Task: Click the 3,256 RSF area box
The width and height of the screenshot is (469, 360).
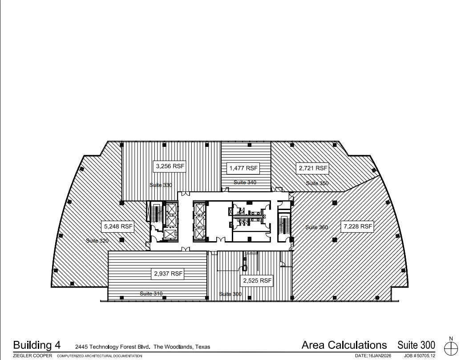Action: pos(170,166)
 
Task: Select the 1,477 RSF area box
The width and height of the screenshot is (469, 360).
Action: pos(243,168)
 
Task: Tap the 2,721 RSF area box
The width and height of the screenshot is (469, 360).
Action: pos(312,168)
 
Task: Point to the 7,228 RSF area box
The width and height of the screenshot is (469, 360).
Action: pos(357,226)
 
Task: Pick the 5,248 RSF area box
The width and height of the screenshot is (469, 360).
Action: pos(118,226)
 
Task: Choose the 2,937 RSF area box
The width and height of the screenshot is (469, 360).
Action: pos(168,274)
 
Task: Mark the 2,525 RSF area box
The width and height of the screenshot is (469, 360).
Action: pos(257,281)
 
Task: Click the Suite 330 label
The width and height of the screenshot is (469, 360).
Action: pos(161,185)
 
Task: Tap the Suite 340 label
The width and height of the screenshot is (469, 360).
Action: pos(245,182)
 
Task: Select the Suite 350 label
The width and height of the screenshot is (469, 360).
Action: pos(317,183)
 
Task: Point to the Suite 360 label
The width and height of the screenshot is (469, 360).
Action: pos(316,227)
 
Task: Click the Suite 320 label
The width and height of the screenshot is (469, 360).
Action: pos(97,241)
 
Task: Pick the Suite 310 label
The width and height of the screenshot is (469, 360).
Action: pos(151,293)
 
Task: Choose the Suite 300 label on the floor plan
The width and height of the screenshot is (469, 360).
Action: pos(230,294)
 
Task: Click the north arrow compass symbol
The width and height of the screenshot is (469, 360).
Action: pos(451,346)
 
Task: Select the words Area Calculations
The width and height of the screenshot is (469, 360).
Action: pos(344,345)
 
